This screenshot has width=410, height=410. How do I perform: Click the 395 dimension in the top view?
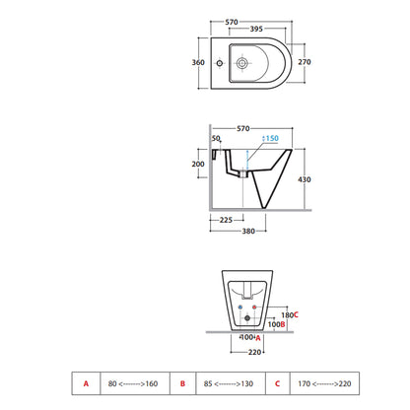[x=256, y=29]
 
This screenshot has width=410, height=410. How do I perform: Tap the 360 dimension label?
[x=198, y=62]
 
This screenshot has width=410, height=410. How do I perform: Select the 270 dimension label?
[x=305, y=62]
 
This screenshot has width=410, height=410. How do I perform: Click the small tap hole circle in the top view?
[x=220, y=63]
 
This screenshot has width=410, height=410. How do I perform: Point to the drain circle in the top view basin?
[x=242, y=63]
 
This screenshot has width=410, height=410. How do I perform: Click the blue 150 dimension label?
[x=272, y=138]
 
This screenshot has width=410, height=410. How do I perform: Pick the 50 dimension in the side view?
[x=216, y=138]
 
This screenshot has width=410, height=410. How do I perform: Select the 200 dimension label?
[x=198, y=164]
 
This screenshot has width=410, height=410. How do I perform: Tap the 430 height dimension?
[x=305, y=179]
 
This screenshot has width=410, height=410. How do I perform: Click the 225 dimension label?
[x=226, y=220]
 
